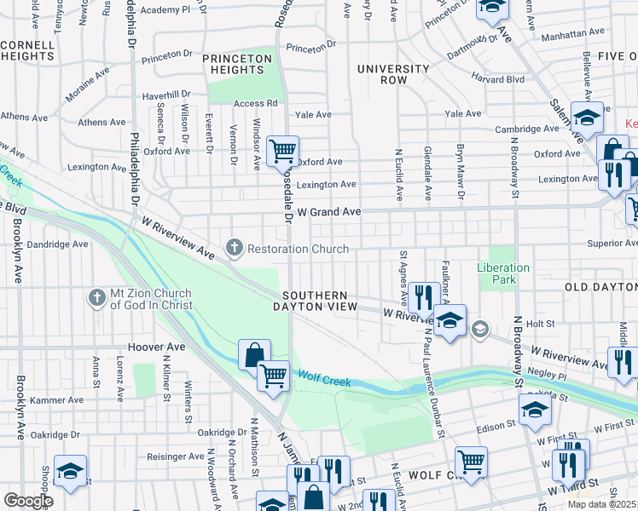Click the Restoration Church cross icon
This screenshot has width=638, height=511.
235,249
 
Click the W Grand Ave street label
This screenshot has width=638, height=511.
322,211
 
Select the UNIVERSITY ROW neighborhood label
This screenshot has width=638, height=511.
393,74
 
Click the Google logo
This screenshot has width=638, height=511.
28,501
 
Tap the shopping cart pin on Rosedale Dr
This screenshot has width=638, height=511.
281,152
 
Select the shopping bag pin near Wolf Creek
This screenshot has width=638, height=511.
254,354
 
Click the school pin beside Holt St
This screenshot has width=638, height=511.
449,320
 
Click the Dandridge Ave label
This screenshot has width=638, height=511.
57,244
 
